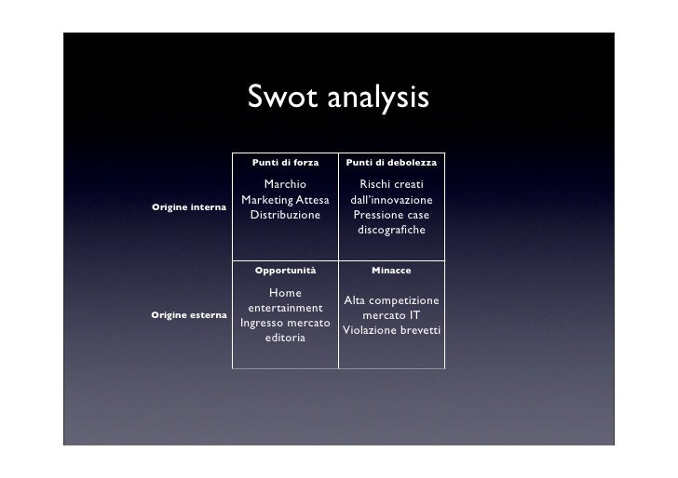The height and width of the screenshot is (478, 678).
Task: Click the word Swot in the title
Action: tap(283, 98)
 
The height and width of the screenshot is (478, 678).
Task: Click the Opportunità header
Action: tap(285, 270)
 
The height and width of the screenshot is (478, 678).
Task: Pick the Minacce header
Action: tap(391, 270)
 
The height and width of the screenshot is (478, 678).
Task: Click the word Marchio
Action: tap(285, 185)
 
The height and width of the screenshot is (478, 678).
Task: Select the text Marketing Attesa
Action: tap(285, 200)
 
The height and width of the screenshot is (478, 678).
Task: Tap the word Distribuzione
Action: tap(285, 215)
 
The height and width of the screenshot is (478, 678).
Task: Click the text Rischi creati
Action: tap(391, 185)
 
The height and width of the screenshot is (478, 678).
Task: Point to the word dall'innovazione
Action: tap(391, 200)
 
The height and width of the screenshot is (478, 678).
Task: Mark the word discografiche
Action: tap(391, 230)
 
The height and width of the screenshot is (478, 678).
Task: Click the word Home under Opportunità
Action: tap(285, 293)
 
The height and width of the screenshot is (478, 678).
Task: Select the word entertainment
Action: tap(285, 308)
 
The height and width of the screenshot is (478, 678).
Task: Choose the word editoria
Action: tap(285, 338)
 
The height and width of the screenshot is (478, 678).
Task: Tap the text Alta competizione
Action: tap(391, 300)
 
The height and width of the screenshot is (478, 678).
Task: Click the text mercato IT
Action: tap(391, 315)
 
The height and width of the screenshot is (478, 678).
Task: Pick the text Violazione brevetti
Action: tap(391, 330)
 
